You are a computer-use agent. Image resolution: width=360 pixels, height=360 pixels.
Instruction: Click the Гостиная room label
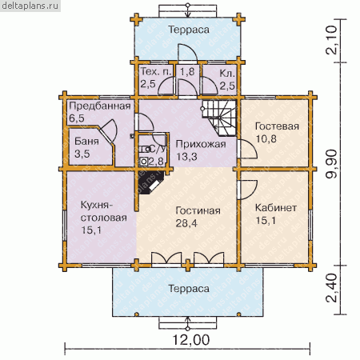click(x=198, y=210)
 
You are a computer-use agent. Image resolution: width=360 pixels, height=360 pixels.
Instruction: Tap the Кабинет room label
click(x=276, y=208)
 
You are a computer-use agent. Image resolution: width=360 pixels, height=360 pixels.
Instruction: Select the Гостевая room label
click(x=277, y=126)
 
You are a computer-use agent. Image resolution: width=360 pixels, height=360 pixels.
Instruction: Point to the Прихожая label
click(x=201, y=144)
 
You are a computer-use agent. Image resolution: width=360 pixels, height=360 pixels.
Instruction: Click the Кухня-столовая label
click(x=103, y=211)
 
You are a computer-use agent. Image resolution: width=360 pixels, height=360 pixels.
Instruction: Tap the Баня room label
click(x=86, y=141)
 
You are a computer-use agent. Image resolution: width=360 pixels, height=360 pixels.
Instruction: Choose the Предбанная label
click(x=100, y=106)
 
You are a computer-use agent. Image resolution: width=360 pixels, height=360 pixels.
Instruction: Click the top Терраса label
click(x=189, y=30)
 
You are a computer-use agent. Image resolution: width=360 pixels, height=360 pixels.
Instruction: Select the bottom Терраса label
click(x=189, y=289)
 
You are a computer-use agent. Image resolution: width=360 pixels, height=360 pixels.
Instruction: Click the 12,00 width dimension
click(x=191, y=340)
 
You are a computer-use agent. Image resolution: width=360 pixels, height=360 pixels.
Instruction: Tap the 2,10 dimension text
click(x=332, y=40)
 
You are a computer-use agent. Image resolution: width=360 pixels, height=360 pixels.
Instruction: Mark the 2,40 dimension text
click(x=332, y=288)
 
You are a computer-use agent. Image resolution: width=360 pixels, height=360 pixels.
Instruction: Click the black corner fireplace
click(x=150, y=182)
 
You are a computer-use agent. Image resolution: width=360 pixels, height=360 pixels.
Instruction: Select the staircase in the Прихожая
click(x=219, y=118)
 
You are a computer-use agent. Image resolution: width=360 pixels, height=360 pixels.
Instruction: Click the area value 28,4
click(x=186, y=223)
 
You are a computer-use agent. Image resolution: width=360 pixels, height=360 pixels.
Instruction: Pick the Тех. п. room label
click(x=155, y=71)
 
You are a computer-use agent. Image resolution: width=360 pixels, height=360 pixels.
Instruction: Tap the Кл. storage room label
click(x=227, y=73)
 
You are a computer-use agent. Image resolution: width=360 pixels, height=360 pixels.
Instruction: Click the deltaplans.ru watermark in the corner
click(x=30, y=6)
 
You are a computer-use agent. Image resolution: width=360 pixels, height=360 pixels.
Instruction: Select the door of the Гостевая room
click(x=246, y=149)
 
